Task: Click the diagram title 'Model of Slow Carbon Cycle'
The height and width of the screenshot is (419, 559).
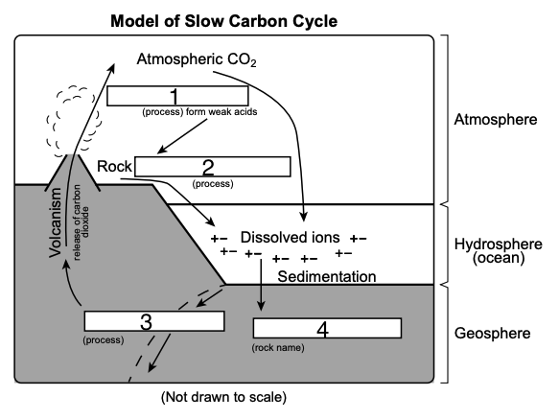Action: click(223, 21)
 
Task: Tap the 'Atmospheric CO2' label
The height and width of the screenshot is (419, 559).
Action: click(197, 59)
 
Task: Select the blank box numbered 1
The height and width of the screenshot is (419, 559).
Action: click(177, 96)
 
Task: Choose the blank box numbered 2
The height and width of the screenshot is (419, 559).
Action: click(213, 167)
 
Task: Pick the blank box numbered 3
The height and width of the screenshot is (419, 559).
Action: click(154, 321)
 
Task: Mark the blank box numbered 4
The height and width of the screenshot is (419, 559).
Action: click(327, 328)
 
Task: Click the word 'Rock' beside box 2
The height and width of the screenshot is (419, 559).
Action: click(114, 167)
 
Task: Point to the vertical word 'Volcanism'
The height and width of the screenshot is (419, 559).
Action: click(56, 222)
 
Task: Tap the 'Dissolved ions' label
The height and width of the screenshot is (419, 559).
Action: click(291, 238)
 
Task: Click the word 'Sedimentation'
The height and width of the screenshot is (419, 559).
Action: click(327, 277)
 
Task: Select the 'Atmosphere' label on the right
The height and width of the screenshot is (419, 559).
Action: click(496, 120)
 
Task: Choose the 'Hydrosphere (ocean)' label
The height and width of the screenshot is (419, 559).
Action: click(499, 251)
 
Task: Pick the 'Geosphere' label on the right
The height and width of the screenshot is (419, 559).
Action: click(492, 333)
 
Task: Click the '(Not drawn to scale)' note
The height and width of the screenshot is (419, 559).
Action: click(223, 397)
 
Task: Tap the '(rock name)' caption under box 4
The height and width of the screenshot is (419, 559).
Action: click(278, 348)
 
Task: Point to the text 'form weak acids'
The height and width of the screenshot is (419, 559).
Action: click(221, 112)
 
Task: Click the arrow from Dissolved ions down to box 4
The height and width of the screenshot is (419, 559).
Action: click(261, 285)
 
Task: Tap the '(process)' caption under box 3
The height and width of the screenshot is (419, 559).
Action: click(104, 340)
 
